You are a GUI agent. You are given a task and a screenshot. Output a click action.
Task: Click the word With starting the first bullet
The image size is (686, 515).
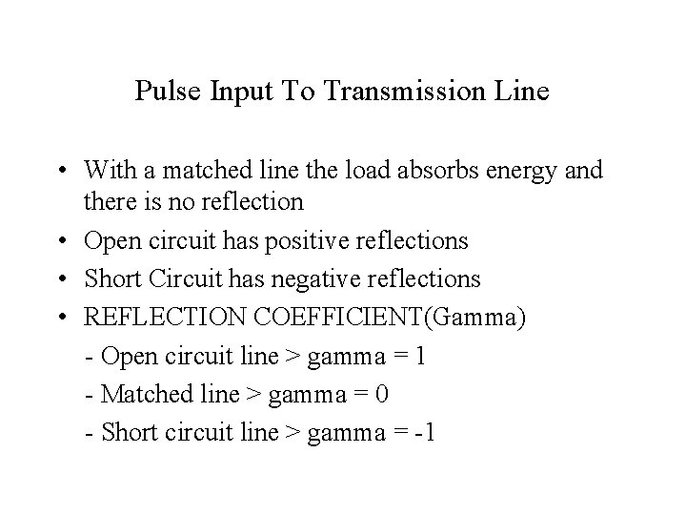109,170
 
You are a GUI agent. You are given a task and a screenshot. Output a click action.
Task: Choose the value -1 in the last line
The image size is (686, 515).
423,431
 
